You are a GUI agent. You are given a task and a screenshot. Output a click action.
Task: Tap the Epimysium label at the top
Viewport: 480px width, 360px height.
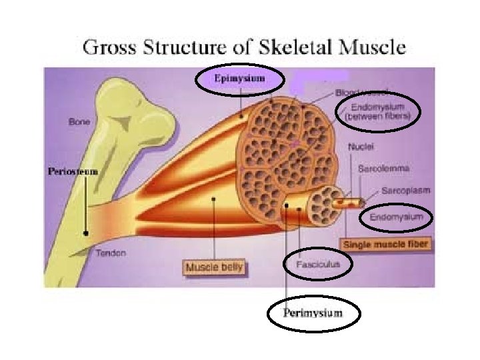click(x=239, y=79)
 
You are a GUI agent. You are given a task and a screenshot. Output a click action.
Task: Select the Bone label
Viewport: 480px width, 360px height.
click(x=79, y=122)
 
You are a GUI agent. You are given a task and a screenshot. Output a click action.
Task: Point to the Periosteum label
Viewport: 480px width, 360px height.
click(x=73, y=171)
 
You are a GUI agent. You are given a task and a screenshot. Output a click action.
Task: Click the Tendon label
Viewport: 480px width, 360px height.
click(x=111, y=253)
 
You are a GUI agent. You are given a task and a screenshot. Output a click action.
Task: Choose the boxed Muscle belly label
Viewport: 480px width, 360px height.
click(x=215, y=267)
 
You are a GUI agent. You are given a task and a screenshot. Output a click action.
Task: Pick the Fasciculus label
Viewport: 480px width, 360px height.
click(x=317, y=264)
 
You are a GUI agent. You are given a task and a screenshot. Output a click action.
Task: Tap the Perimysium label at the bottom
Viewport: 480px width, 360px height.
click(x=313, y=313)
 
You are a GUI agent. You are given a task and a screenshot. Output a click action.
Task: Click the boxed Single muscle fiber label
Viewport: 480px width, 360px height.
click(x=386, y=245)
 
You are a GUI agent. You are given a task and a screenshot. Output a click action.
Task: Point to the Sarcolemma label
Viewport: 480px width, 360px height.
click(x=383, y=170)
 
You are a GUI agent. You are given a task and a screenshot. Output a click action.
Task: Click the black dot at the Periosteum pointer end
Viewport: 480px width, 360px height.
click(x=86, y=233)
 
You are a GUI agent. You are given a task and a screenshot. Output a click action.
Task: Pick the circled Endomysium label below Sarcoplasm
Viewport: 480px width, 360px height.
click(x=396, y=217)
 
